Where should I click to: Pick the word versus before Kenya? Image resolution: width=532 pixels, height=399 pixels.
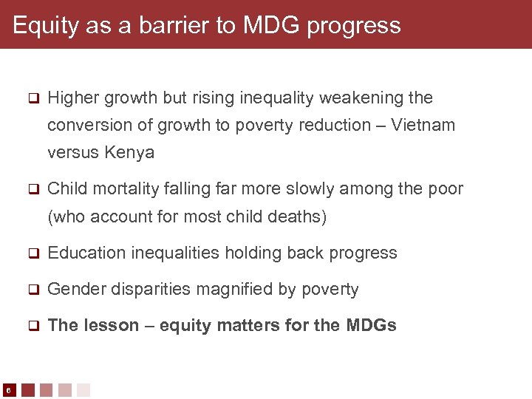[x=72, y=153]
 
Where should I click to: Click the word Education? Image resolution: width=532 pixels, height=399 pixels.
[x=86, y=253]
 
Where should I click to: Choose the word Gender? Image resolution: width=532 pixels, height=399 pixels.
[x=77, y=289]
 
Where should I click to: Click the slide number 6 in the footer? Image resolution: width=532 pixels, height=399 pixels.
[x=7, y=389]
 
